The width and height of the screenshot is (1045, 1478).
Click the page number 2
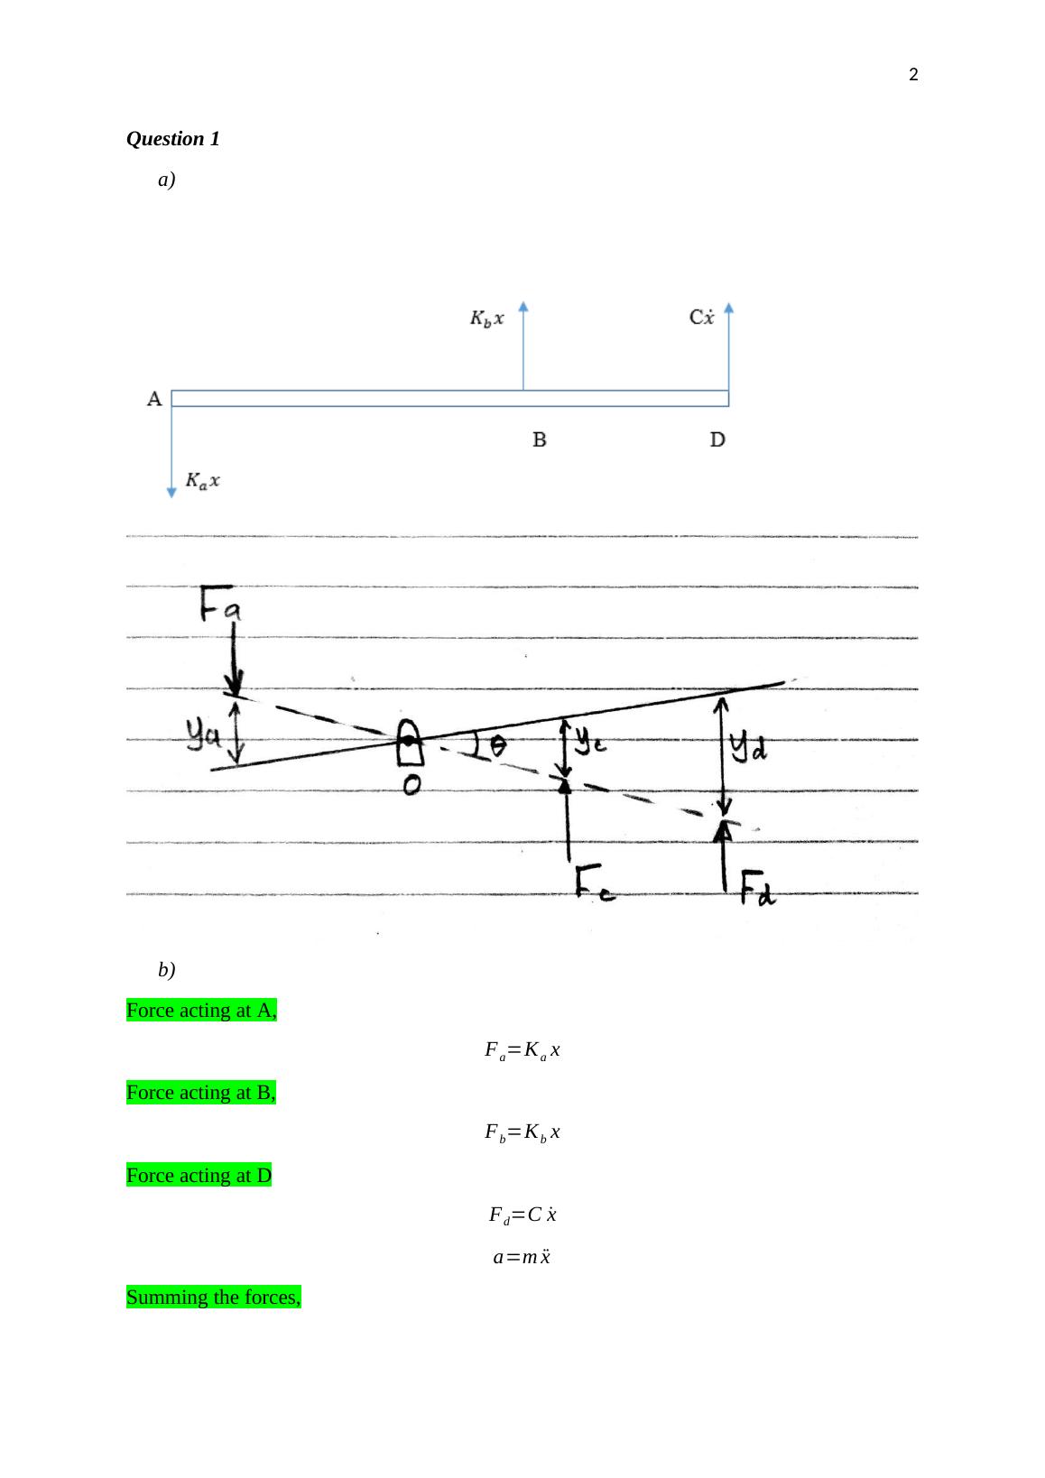click(913, 75)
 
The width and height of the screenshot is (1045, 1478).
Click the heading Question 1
click(173, 139)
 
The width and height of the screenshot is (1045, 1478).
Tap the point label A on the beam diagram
click(154, 399)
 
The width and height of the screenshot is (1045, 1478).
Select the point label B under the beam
click(539, 439)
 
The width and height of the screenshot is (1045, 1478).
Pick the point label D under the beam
click(717, 439)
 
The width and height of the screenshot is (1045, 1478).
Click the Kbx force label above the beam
click(487, 318)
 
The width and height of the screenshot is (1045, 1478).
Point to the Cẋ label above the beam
click(701, 317)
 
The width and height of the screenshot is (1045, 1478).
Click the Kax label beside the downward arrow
click(202, 480)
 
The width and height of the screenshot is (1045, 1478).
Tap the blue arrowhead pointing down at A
click(171, 493)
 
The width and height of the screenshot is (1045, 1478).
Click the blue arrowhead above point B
click(523, 306)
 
